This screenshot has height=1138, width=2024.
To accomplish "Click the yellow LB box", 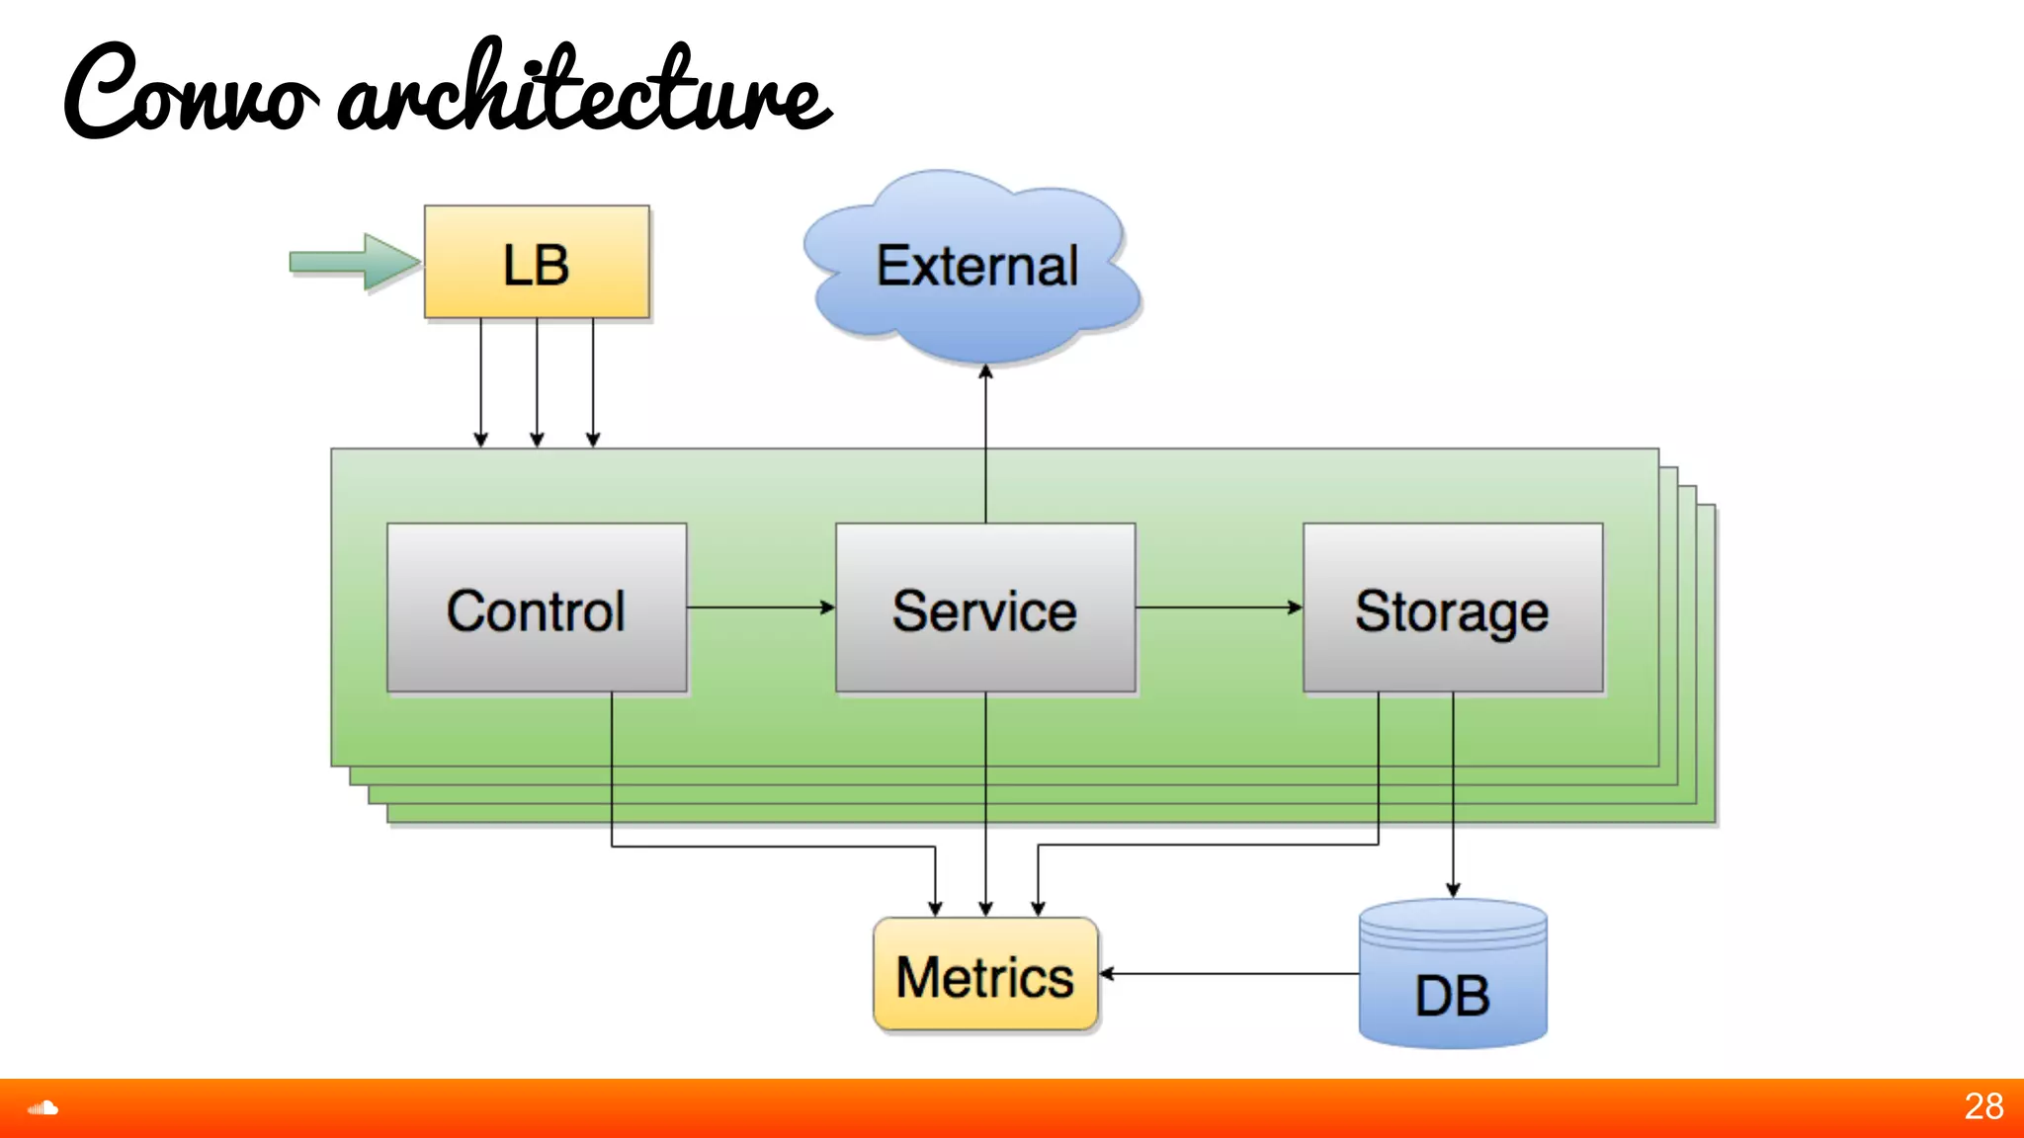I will [537, 263].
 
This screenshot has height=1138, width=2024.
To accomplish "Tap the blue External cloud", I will [974, 267].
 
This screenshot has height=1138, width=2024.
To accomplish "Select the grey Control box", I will [537, 609].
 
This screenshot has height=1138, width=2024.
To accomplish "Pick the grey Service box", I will [985, 609].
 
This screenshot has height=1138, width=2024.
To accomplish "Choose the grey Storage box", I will [1453, 609].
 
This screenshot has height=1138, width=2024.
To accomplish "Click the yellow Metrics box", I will [985, 975].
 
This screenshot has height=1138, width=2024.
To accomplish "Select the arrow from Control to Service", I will [761, 608].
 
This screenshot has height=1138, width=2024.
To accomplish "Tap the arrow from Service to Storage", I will [1219, 608].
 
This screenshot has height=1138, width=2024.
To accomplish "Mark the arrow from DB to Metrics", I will [1230, 974].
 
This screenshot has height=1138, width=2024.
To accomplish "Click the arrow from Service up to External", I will [985, 445].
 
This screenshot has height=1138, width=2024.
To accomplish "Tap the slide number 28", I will [1982, 1106].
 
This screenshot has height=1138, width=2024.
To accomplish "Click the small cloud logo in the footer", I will [42, 1108].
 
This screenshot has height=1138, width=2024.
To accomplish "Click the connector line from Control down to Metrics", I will [771, 847].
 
